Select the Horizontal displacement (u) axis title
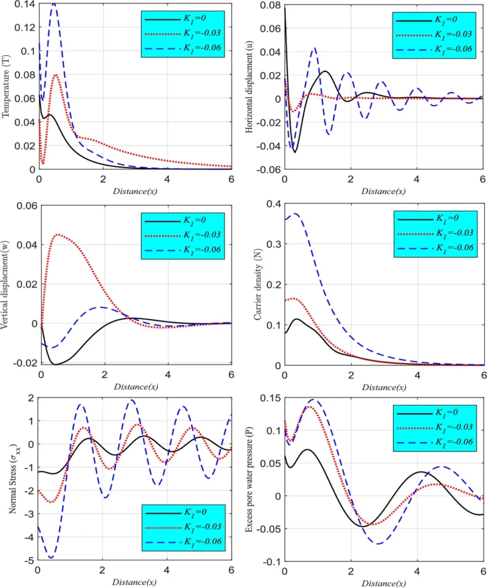pyautogui.click(x=250, y=86)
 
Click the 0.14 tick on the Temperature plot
pyautogui.click(x=25, y=3)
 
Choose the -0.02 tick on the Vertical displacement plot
pyautogui.click(x=25, y=363)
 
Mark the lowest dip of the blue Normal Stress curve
pyautogui.click(x=51, y=558)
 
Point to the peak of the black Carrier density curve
pyautogui.click(x=296, y=319)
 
